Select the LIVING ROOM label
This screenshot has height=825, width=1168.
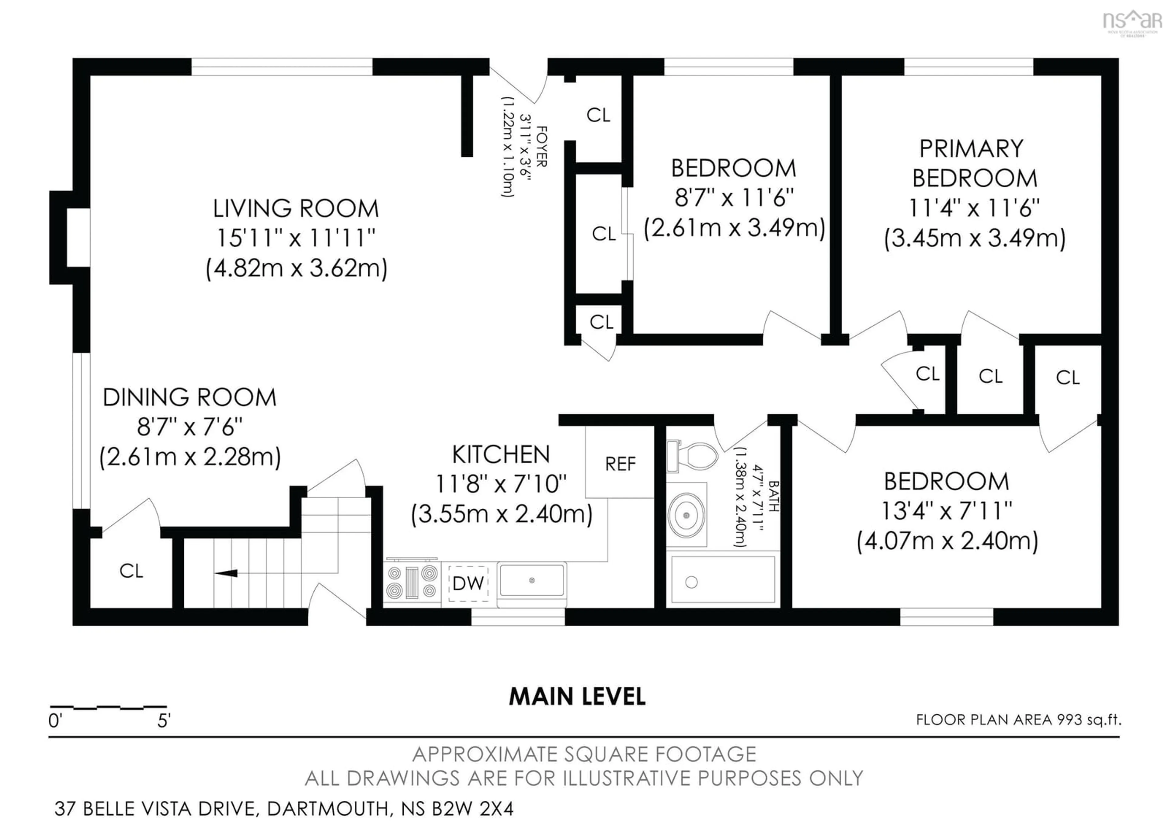pyautogui.click(x=296, y=209)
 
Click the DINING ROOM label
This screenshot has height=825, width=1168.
pyautogui.click(x=189, y=397)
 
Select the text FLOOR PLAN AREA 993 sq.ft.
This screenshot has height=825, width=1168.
pyautogui.click(x=1018, y=720)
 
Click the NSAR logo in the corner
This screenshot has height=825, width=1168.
pyautogui.click(x=1131, y=21)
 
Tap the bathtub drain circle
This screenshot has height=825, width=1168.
pyautogui.click(x=691, y=582)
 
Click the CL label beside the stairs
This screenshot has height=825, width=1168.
pyautogui.click(x=131, y=571)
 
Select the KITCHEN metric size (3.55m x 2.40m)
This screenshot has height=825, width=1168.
pyautogui.click(x=502, y=514)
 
